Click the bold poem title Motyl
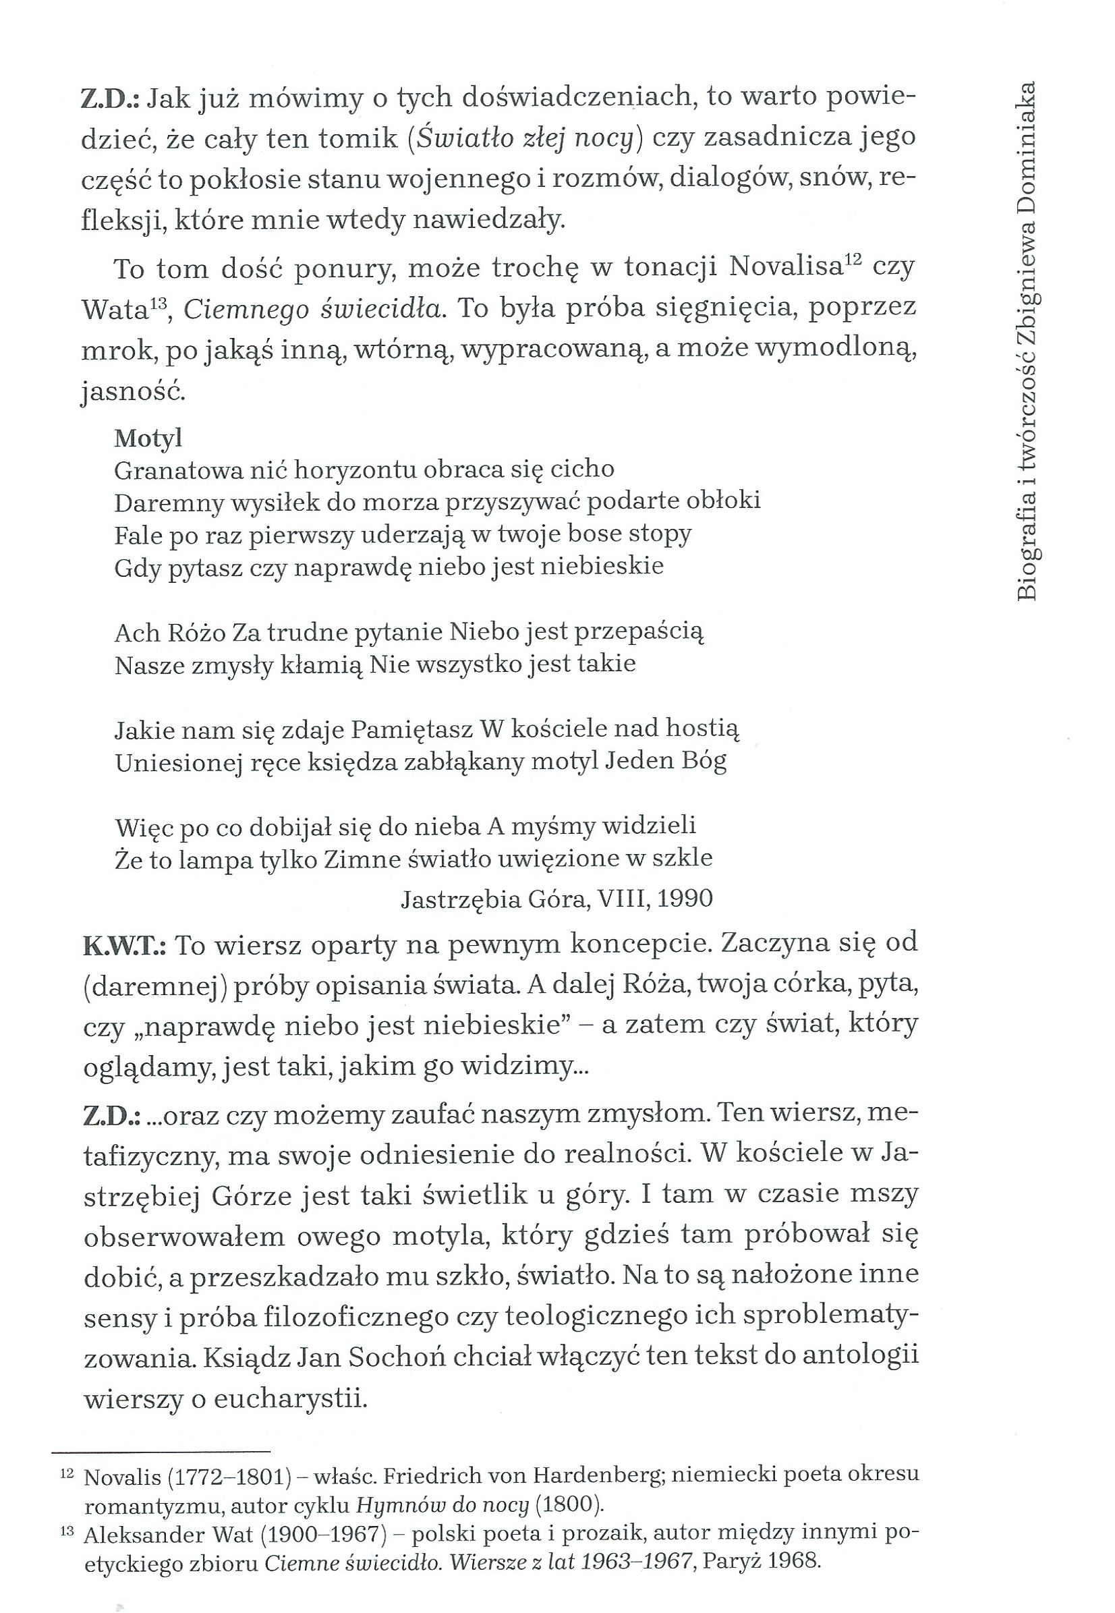coord(148,438)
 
